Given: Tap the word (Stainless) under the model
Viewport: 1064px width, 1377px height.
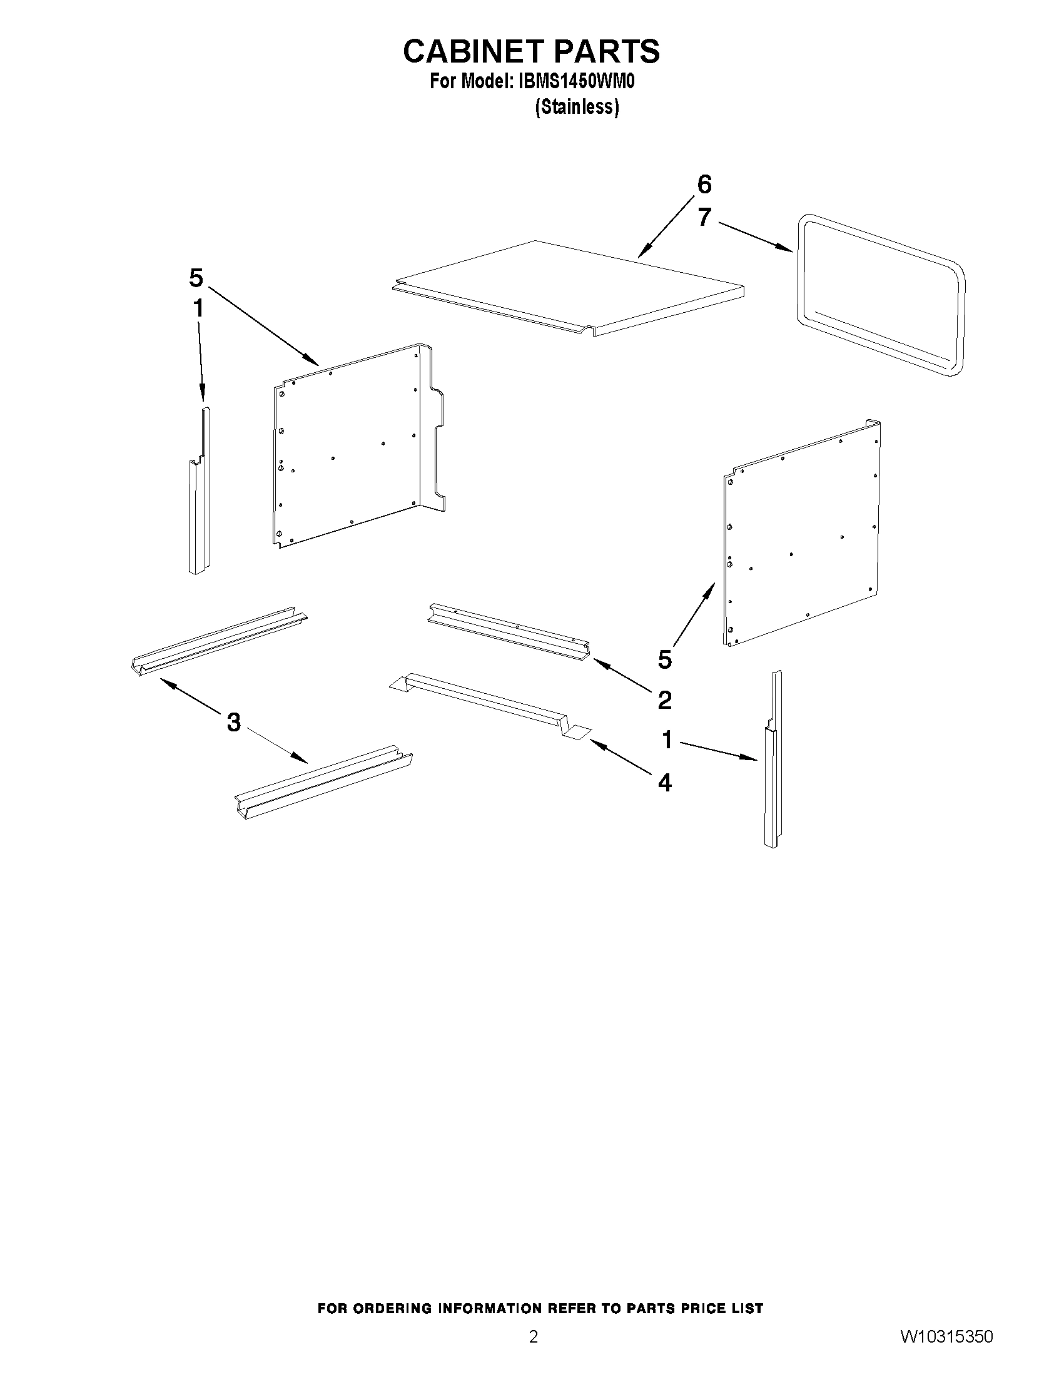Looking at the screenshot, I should coord(577,107).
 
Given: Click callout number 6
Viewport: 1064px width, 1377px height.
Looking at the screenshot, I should coord(704,185).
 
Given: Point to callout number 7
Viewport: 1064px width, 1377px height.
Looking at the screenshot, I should coord(704,218).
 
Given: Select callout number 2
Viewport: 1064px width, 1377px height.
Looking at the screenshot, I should coord(664,700).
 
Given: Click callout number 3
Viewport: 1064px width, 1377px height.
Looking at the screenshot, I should coord(234,723).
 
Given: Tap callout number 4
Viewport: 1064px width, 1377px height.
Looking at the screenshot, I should coord(664,783).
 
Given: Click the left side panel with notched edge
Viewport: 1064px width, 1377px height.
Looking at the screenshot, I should coord(353,448).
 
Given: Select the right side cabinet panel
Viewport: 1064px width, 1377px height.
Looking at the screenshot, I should coord(801,536).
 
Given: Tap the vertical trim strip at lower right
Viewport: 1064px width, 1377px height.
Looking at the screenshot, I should coord(773,769).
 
